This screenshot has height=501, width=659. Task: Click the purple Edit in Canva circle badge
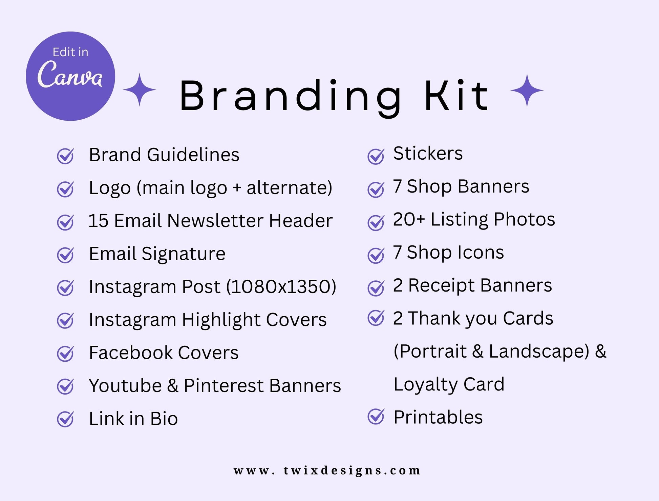70,76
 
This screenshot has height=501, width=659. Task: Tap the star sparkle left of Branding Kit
140,89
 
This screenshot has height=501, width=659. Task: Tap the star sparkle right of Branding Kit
527,91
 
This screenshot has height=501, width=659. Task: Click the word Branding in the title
290,96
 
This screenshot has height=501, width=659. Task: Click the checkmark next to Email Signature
65,255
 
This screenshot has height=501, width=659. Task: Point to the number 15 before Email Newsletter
99,221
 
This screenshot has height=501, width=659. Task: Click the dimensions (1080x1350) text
281,286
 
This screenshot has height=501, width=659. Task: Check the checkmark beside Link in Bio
65,419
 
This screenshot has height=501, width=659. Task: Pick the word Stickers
428,153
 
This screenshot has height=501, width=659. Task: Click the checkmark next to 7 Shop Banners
376,189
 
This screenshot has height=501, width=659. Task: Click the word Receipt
442,286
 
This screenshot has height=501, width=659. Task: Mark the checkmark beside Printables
376,416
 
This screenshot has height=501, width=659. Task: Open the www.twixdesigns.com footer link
327,470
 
